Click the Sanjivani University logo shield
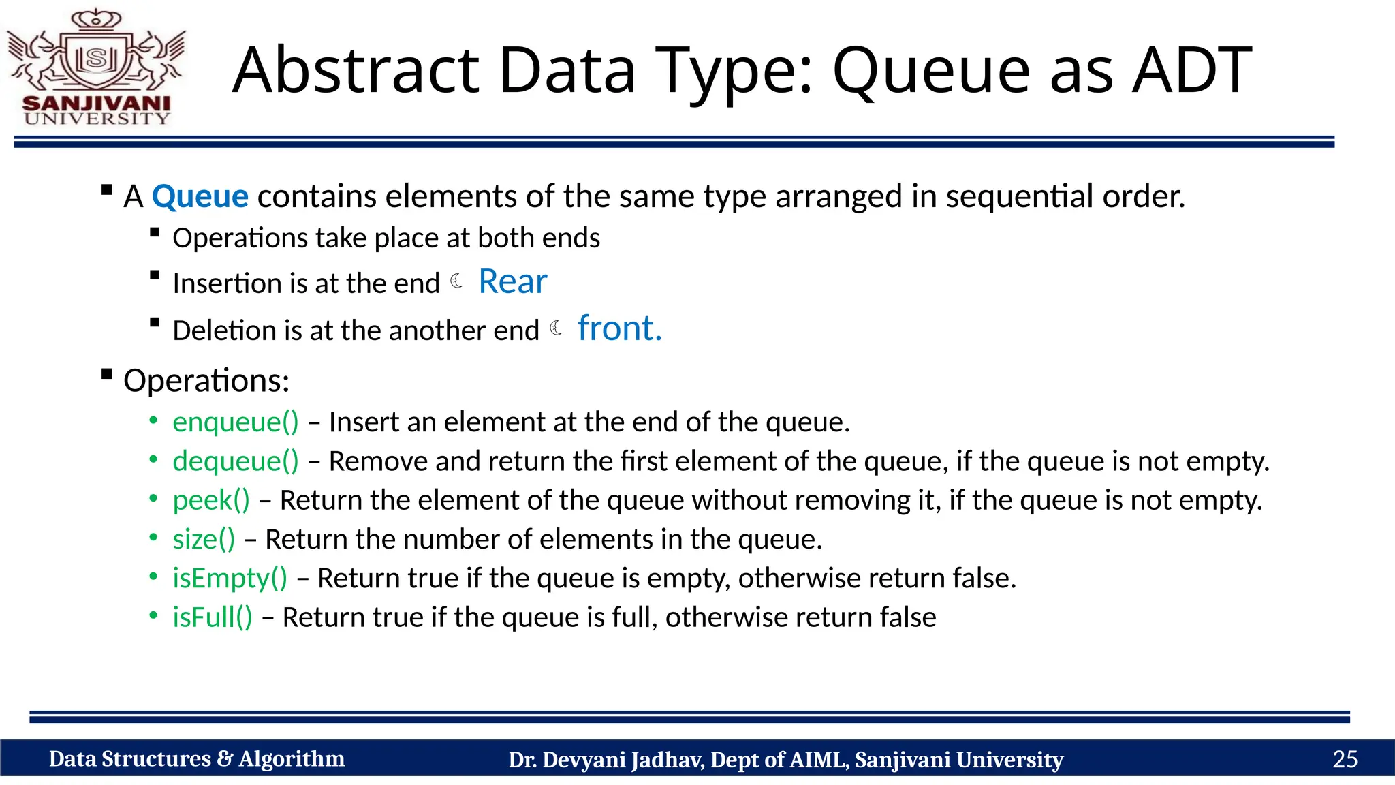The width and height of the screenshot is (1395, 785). [96, 59]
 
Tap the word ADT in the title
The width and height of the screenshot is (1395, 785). [1191, 70]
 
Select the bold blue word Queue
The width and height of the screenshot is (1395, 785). [200, 197]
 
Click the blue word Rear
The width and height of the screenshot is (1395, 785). [512, 281]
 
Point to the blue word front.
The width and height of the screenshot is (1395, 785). [618, 328]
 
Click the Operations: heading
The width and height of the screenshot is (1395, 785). [206, 380]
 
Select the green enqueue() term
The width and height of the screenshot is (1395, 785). [235, 422]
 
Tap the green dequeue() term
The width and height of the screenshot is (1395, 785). [235, 461]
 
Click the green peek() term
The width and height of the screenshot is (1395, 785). [211, 500]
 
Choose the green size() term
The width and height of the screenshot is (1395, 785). [204, 539]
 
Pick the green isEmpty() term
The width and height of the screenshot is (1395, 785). [230, 578]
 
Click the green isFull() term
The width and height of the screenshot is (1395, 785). [212, 617]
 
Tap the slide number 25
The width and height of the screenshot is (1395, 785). [1345, 759]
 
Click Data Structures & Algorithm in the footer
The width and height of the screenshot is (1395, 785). [196, 759]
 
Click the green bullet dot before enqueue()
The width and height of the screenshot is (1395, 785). [154, 421]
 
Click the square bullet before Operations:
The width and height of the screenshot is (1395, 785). [106, 373]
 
